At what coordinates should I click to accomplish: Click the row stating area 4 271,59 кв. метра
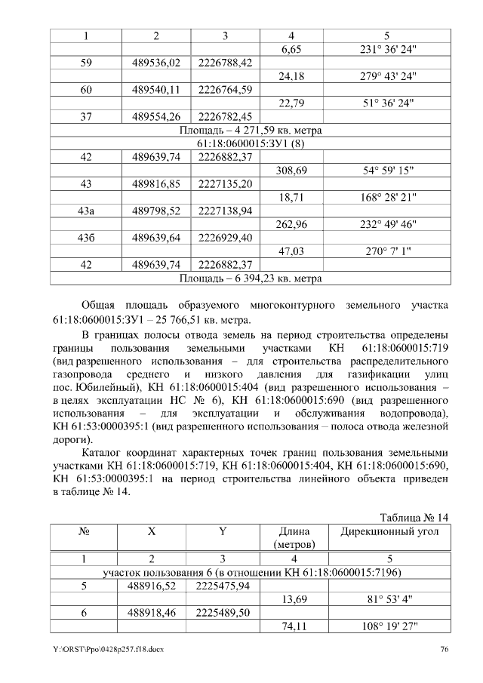point(251,131)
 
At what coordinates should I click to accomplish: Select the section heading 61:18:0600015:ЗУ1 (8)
point(251,143)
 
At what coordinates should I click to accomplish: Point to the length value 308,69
point(292,171)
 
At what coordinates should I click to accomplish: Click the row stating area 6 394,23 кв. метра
point(251,278)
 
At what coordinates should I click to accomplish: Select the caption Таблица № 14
point(414,517)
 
